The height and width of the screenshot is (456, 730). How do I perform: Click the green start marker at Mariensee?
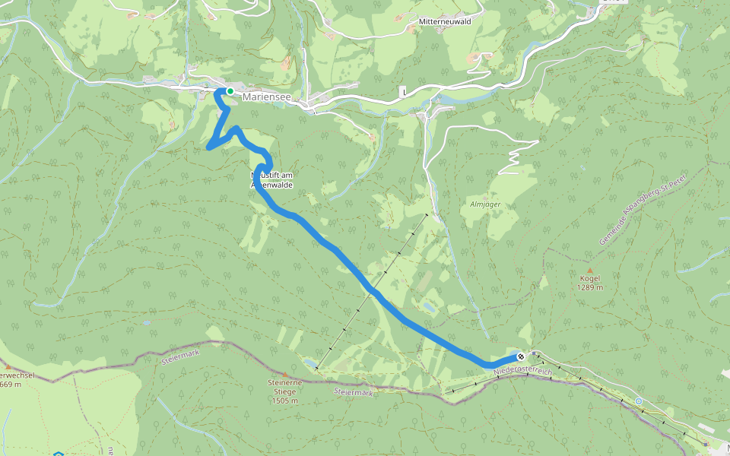click(x=230, y=91)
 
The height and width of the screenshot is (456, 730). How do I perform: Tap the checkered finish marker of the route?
click(x=521, y=356)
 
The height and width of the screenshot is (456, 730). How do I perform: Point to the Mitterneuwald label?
click(x=445, y=22)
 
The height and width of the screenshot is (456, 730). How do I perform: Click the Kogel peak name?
click(x=589, y=278)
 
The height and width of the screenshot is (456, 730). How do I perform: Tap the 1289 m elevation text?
click(x=589, y=287)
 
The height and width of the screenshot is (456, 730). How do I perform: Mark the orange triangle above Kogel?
click(x=589, y=269)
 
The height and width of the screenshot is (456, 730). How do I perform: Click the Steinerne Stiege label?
click(x=286, y=386)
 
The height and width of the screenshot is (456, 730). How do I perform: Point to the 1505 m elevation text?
click(x=286, y=400)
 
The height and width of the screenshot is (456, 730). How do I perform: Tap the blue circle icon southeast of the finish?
click(x=639, y=401)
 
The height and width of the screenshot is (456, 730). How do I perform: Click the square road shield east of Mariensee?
click(x=403, y=91)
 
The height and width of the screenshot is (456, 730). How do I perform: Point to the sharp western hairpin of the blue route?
click(x=209, y=147)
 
